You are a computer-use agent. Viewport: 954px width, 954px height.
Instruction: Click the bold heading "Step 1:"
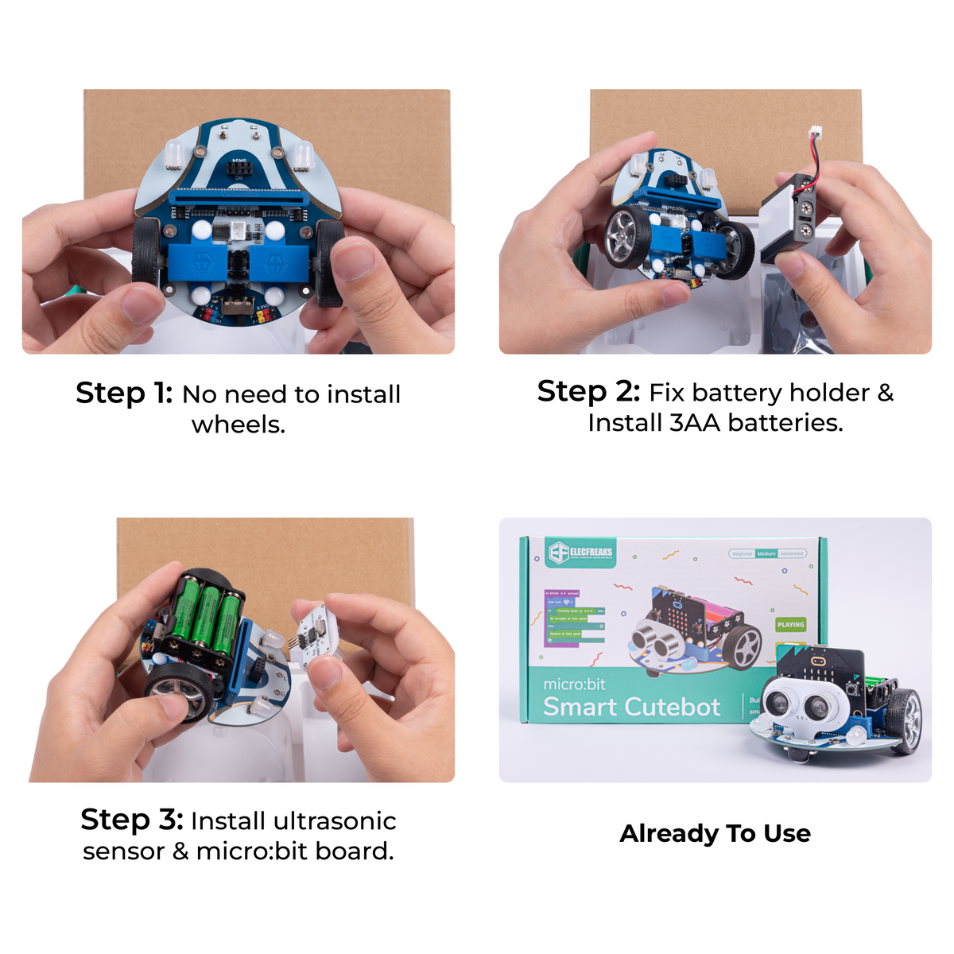click(124, 393)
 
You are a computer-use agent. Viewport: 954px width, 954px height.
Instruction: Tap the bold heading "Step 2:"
click(588, 391)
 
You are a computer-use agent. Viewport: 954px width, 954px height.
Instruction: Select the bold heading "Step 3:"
click(132, 820)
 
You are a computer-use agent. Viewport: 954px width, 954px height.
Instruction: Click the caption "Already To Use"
click(715, 833)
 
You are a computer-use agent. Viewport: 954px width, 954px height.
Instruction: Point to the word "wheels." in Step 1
click(238, 425)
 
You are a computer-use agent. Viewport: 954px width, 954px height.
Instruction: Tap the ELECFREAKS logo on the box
click(581, 552)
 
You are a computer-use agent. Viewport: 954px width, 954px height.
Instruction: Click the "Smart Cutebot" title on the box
click(631, 707)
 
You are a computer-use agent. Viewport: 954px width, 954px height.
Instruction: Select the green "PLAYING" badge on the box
click(790, 625)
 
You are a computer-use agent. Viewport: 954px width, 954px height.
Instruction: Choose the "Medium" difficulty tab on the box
click(766, 553)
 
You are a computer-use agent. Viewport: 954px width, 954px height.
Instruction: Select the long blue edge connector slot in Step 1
click(239, 195)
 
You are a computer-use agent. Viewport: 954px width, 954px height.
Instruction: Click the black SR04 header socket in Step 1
click(239, 170)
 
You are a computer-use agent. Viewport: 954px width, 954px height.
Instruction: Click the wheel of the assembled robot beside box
click(905, 719)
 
